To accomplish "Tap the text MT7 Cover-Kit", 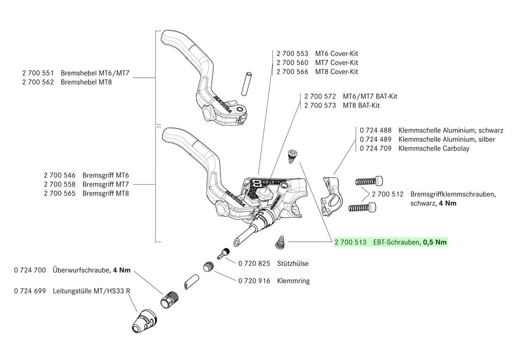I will (337, 62).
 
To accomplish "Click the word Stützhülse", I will (293, 263).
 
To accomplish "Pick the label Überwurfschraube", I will (81, 270).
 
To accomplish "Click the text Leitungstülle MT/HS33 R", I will (91, 291).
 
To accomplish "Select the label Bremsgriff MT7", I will (105, 184).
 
